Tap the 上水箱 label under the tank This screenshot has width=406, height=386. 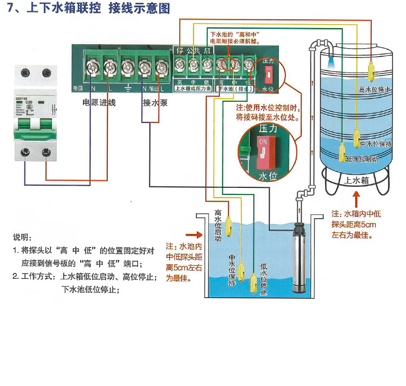(x=357, y=180)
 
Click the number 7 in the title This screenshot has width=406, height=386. (x=10, y=9)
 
